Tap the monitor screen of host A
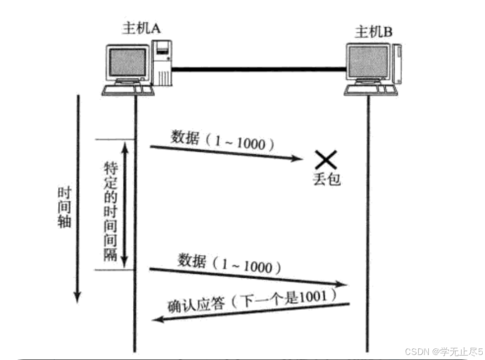[x=128, y=63]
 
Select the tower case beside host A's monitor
[x=162, y=62]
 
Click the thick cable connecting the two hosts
[x=259, y=69]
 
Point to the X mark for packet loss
[x=325, y=160]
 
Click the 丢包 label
[x=326, y=179]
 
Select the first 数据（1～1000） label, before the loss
[x=222, y=141]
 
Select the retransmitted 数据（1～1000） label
[x=229, y=264]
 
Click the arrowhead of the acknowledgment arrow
[x=159, y=319]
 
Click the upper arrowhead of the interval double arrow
[x=125, y=146]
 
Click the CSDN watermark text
[x=443, y=352]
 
